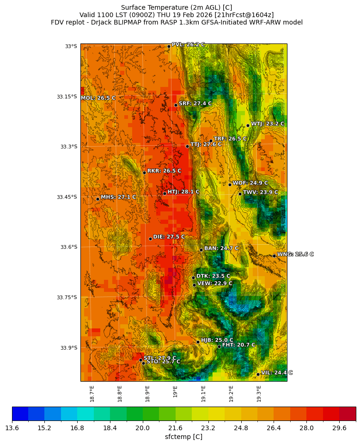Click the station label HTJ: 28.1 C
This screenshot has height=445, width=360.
coord(183,192)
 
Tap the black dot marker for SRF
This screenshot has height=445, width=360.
coord(176,105)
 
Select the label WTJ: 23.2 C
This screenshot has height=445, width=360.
coord(268,124)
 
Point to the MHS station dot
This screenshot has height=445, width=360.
coord(98,199)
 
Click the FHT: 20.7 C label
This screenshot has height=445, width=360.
coord(238,345)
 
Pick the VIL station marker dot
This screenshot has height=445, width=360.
coord(258,374)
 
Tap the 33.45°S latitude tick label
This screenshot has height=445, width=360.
coord(67,197)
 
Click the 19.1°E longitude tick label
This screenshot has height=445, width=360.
coord(203,393)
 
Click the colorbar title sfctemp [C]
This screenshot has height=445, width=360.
coord(183,437)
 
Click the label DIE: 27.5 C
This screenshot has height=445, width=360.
coord(169,236)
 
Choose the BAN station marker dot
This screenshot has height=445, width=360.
coord(201,250)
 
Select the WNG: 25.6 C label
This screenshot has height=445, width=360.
coord(295,254)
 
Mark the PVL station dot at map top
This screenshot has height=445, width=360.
coord(169,46)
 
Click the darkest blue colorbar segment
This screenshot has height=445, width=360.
coord(20,414)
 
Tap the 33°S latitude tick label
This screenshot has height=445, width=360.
coord(71,46)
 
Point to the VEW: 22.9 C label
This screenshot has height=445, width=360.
coord(215,283)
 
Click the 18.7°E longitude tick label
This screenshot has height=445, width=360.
coord(92,393)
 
